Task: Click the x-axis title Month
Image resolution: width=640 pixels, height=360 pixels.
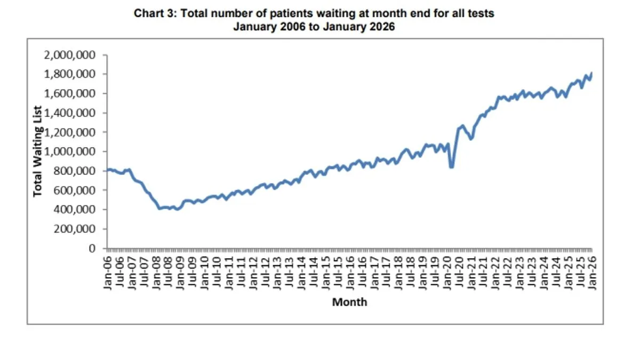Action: coord(349,302)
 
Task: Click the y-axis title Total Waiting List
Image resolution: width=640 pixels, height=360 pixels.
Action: coord(38,151)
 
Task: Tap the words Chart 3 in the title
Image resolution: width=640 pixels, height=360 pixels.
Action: coord(154,14)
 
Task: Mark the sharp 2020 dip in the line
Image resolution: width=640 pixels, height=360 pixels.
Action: coord(452,167)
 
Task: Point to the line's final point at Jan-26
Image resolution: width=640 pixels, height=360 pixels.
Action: coord(591,73)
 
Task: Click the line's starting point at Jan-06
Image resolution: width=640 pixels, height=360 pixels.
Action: coord(108,170)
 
